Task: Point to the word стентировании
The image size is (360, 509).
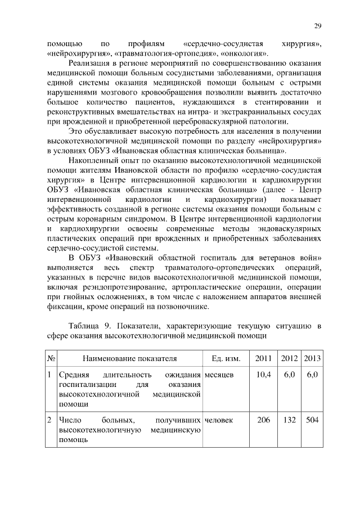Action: click(x=282, y=101)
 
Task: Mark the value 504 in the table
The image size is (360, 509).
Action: click(x=312, y=420)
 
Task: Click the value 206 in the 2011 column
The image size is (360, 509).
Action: click(x=263, y=420)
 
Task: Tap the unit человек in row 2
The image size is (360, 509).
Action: click(x=219, y=420)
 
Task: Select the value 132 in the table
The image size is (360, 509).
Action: click(x=289, y=420)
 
